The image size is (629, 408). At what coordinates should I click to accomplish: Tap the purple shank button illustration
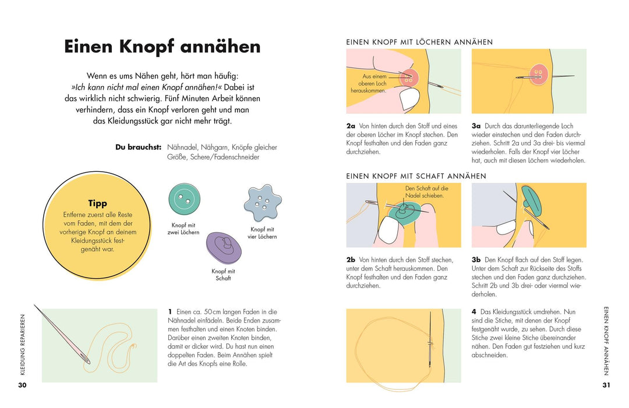coord(223,247)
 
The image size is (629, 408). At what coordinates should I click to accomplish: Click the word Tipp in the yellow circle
coord(97,203)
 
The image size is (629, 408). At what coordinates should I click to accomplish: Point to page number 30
coord(22,385)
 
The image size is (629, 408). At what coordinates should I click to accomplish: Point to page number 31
coord(606,385)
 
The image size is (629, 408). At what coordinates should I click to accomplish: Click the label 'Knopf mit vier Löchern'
coord(263,233)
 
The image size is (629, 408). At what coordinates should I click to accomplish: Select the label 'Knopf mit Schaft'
coord(223,275)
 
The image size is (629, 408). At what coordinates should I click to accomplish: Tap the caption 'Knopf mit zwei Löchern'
coord(185,229)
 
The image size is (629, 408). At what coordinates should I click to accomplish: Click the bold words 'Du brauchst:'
coord(138,147)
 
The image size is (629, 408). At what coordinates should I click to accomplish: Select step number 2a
coord(351,126)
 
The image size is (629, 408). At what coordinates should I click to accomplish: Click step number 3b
coord(476,260)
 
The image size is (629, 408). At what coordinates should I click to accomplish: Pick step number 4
coord(473,312)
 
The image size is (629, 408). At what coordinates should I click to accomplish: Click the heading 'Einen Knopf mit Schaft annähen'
coord(416,176)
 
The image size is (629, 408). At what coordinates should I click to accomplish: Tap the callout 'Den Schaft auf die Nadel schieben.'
coord(425,192)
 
